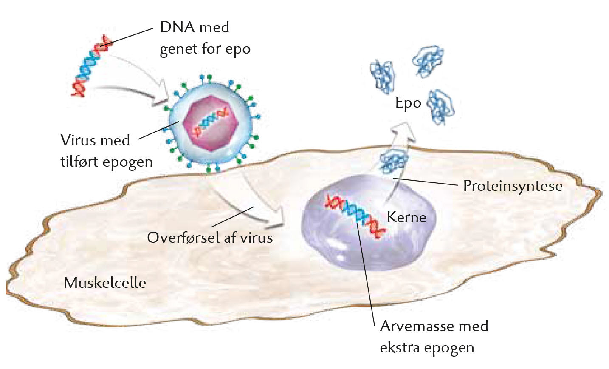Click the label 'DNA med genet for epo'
[205, 38]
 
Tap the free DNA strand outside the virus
[90, 66]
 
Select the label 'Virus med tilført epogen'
[106, 151]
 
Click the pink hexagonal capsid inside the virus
[210, 123]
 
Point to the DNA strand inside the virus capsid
[211, 122]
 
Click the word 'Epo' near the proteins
[408, 103]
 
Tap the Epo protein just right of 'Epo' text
[441, 107]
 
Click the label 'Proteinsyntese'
[513, 187]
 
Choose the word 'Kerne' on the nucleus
[406, 217]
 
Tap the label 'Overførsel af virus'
[210, 237]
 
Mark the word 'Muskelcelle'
[104, 282]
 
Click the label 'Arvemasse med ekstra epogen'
[434, 337]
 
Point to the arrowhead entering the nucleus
[275, 219]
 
